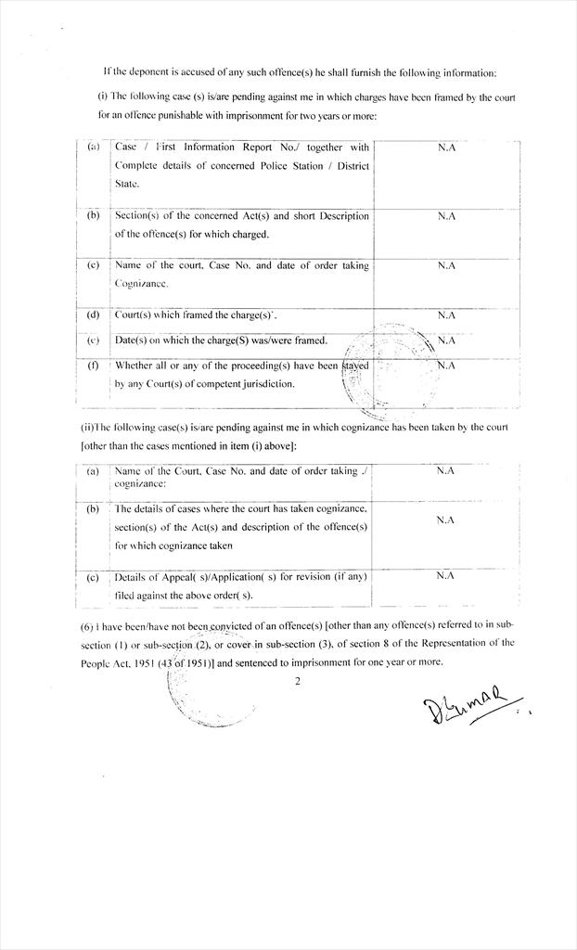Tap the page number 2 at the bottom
[x=298, y=682]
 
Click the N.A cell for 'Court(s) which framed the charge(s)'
[x=446, y=315]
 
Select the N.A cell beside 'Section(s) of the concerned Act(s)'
[x=446, y=216]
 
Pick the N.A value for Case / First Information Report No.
[x=446, y=148]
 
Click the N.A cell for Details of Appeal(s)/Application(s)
[x=445, y=576]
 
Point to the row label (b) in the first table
[x=94, y=215]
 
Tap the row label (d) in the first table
[x=94, y=315]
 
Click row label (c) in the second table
[x=93, y=577]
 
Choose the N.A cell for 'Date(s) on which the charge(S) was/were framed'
[x=446, y=340]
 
